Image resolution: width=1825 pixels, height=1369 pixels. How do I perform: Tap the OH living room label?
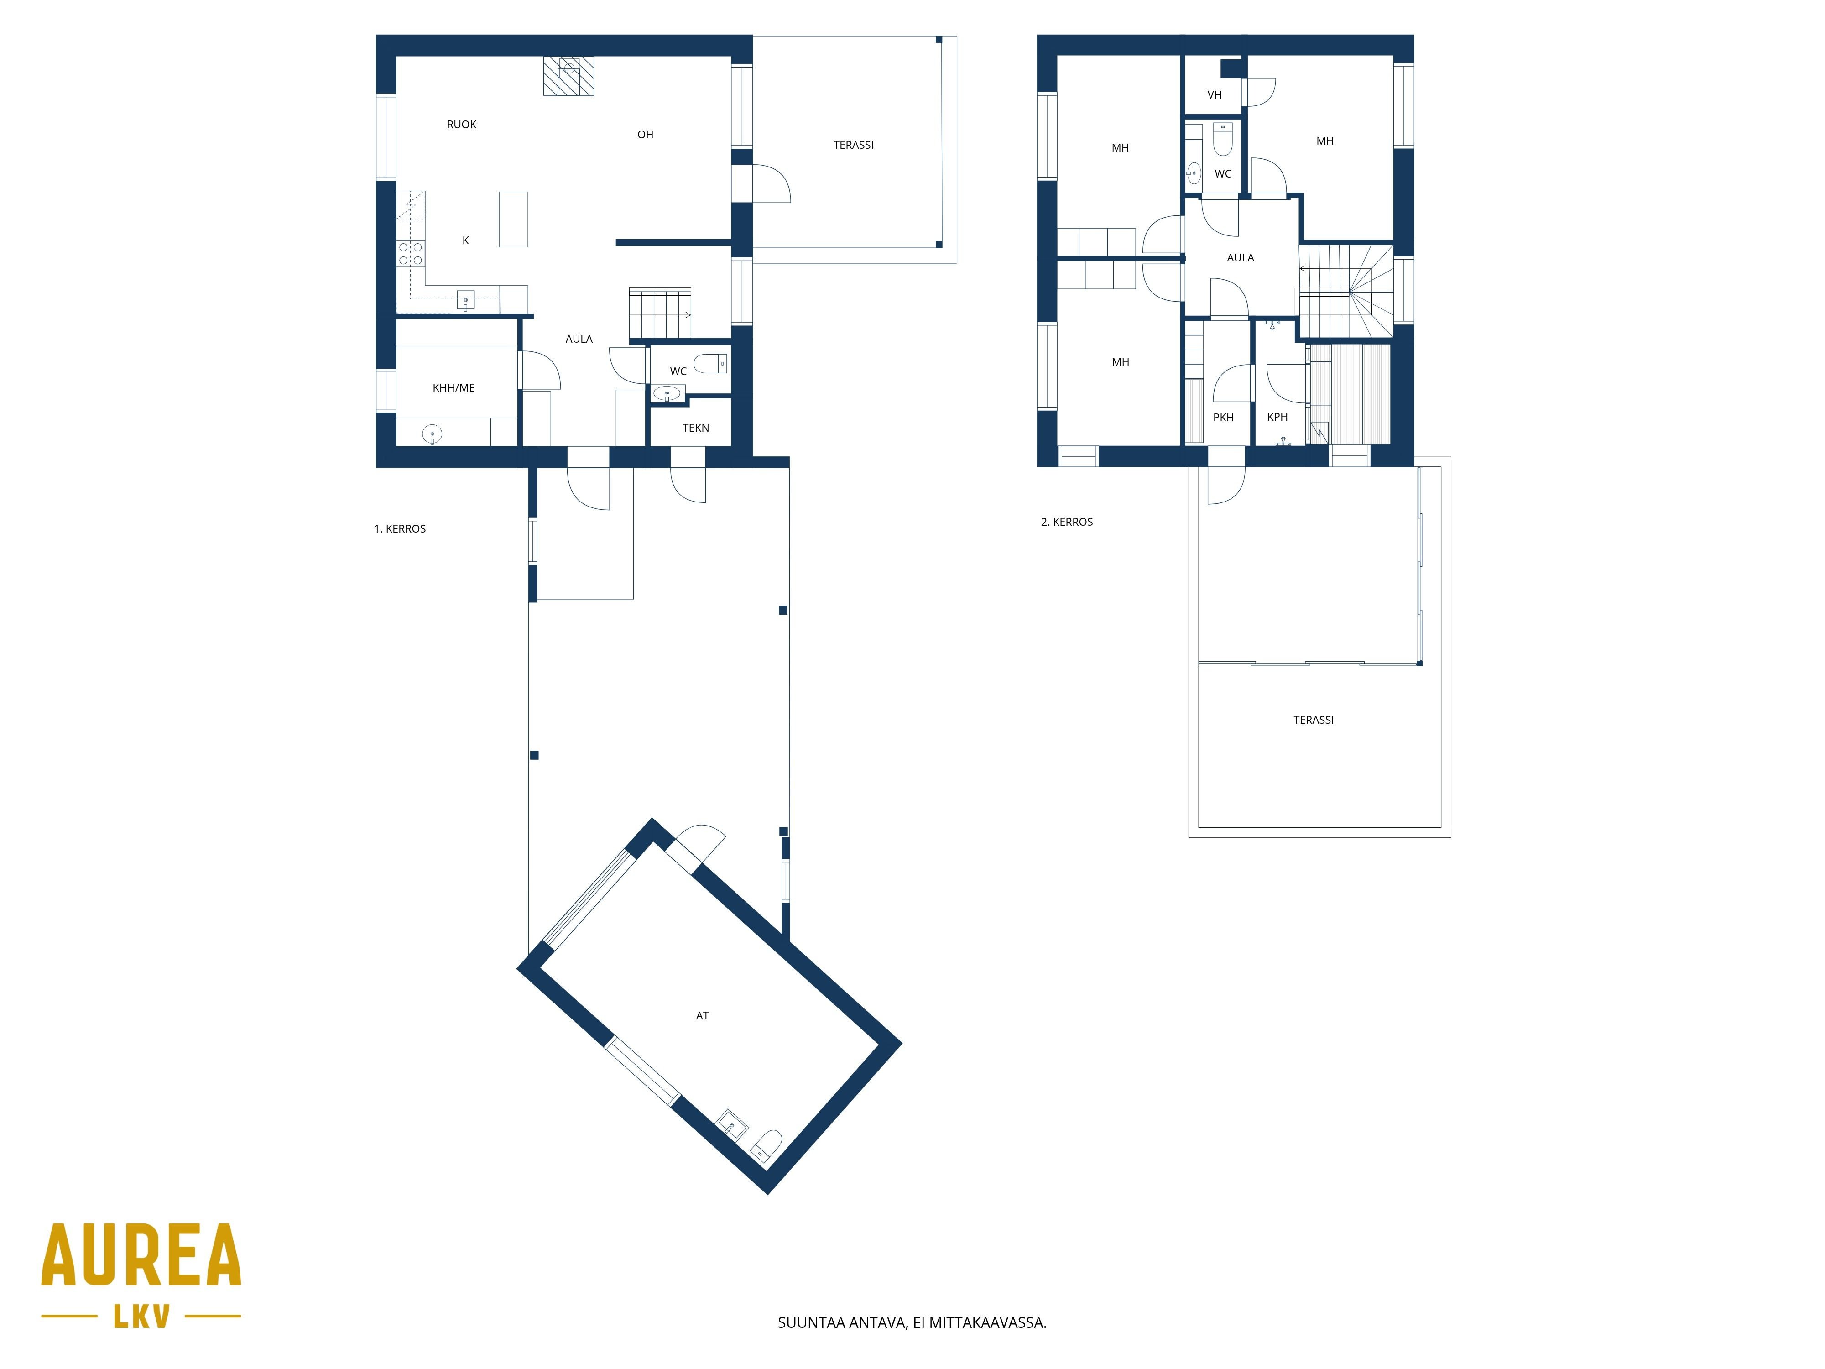(x=645, y=135)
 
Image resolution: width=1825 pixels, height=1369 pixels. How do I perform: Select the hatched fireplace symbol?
(x=568, y=76)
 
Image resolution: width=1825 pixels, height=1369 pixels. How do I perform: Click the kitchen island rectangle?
(x=513, y=219)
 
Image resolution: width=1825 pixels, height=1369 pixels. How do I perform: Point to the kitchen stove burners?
(x=411, y=253)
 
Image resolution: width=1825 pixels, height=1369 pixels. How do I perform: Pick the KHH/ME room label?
(x=454, y=388)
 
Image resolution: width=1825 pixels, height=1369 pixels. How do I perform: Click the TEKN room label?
(x=695, y=428)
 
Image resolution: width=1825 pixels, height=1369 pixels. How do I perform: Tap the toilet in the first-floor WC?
(x=710, y=363)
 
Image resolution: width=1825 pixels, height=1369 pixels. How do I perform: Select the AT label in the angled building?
(x=702, y=1016)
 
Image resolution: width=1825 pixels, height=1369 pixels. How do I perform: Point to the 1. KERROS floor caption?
(x=400, y=529)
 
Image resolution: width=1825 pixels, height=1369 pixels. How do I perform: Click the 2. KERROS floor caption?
(x=1067, y=522)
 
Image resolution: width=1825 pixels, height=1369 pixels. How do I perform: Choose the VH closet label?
(x=1215, y=95)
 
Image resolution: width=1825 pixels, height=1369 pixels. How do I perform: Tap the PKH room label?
(x=1224, y=418)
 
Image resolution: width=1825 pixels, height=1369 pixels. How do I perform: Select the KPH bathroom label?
(x=1277, y=417)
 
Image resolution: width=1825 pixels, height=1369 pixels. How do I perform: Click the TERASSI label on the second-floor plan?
(x=1314, y=720)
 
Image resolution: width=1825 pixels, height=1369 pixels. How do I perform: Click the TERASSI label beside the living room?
(x=853, y=145)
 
